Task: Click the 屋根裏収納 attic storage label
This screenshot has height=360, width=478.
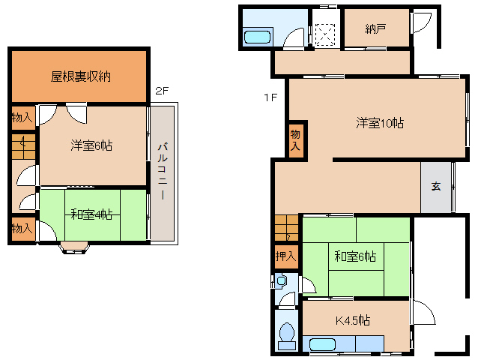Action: pyautogui.click(x=81, y=76)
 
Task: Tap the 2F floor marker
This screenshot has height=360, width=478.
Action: pyautogui.click(x=161, y=91)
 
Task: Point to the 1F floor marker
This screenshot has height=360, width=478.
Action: pyautogui.click(x=270, y=97)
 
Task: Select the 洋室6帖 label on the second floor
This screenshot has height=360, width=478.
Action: pyautogui.click(x=92, y=145)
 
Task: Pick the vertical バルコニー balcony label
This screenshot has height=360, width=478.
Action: pyautogui.click(x=161, y=173)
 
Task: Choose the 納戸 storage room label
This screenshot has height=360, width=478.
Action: pyautogui.click(x=376, y=28)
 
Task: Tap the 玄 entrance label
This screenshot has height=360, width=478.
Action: pyautogui.click(x=435, y=187)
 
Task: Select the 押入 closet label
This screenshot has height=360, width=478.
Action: pyautogui.click(x=285, y=256)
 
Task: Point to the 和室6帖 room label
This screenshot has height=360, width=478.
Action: pyautogui.click(x=355, y=257)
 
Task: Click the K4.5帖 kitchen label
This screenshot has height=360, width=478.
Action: pyautogui.click(x=352, y=321)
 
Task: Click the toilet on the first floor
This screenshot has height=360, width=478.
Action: pyautogui.click(x=285, y=335)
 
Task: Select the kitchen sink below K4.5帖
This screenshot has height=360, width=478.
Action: pyautogui.click(x=322, y=345)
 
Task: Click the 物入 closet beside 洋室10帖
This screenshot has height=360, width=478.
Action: pyautogui.click(x=296, y=139)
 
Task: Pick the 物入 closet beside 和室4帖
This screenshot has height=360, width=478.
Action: pyautogui.click(x=21, y=228)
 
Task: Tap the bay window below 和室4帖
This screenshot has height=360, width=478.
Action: pyautogui.click(x=75, y=247)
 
